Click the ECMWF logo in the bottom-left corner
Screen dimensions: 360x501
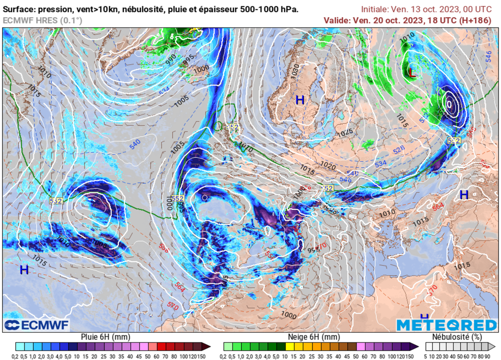point(37,325)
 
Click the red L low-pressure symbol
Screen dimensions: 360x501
point(412,73)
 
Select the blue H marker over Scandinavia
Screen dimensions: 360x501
point(300,100)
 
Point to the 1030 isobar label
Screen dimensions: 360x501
point(295,71)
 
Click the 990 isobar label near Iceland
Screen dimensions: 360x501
point(171,59)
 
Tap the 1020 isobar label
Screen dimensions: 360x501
point(328,166)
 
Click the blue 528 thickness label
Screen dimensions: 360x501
point(399,150)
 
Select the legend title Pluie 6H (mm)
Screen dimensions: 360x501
point(106,337)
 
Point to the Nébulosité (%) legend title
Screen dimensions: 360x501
point(457,337)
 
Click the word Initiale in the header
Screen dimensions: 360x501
point(374,9)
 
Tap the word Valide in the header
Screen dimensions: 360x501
point(337,20)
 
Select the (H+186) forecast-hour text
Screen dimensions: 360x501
point(474,20)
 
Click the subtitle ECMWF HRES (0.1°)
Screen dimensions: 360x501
point(43,20)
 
